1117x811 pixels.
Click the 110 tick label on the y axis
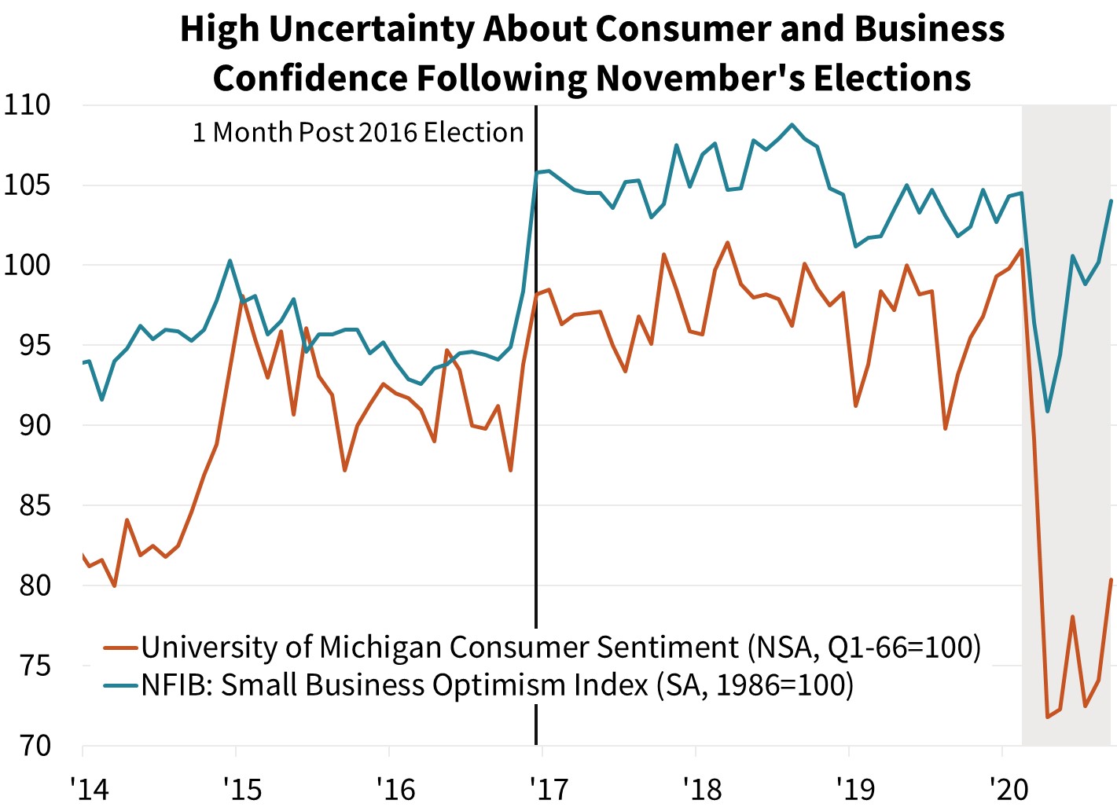point(27,105)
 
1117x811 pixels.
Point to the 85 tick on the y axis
point(35,505)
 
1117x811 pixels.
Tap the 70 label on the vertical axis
point(35,745)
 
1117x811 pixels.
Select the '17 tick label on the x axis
point(549,787)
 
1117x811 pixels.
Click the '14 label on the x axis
point(89,787)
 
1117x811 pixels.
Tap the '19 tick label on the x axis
point(855,787)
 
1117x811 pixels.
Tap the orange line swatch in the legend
point(121,648)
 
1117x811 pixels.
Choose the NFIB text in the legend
point(175,685)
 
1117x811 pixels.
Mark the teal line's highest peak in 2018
point(792,124)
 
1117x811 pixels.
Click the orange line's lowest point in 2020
point(1047,717)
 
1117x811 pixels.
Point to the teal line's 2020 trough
point(1047,411)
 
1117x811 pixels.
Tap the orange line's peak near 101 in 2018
point(727,242)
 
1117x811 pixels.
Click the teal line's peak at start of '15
point(230,261)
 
